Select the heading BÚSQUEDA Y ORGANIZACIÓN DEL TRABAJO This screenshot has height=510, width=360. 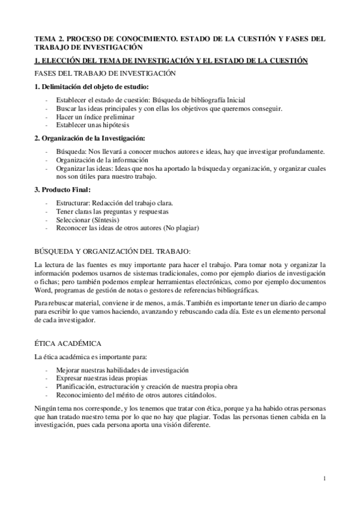point(112,250)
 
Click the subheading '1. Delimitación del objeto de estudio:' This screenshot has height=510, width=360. point(91,87)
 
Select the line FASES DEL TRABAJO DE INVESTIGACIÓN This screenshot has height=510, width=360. point(105,73)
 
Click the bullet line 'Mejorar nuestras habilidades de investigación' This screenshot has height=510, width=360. point(122,370)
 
